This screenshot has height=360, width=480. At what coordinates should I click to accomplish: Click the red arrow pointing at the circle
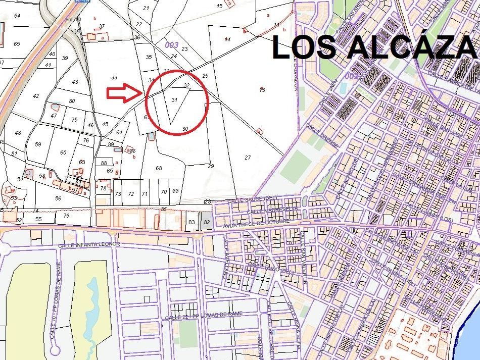[x=124, y=93]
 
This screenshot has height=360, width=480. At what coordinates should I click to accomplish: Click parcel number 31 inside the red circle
[x=174, y=100]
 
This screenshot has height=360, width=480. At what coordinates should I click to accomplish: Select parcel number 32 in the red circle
[x=186, y=85]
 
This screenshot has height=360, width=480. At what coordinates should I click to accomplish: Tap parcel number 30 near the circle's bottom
[x=185, y=129]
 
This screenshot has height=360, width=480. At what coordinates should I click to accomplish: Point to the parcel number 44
[x=114, y=78]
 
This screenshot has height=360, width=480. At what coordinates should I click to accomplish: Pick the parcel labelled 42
[x=35, y=96]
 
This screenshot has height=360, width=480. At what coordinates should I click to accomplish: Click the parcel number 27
[x=248, y=158]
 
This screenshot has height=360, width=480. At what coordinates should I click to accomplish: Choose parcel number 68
[x=159, y=168]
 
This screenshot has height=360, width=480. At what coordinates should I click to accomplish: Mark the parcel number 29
[x=211, y=166]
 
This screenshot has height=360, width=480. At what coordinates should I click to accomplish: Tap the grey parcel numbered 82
[x=206, y=222]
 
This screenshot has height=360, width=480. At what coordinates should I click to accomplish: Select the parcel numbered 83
[x=191, y=222]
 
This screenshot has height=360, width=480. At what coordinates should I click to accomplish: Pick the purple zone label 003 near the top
[x=171, y=45]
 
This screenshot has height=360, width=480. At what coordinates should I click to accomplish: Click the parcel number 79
[x=66, y=216]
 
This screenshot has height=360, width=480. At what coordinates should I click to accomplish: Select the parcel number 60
[x=63, y=152]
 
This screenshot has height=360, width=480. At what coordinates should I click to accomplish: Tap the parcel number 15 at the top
[x=219, y=6]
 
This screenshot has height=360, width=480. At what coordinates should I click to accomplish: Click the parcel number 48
[x=18, y=133]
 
